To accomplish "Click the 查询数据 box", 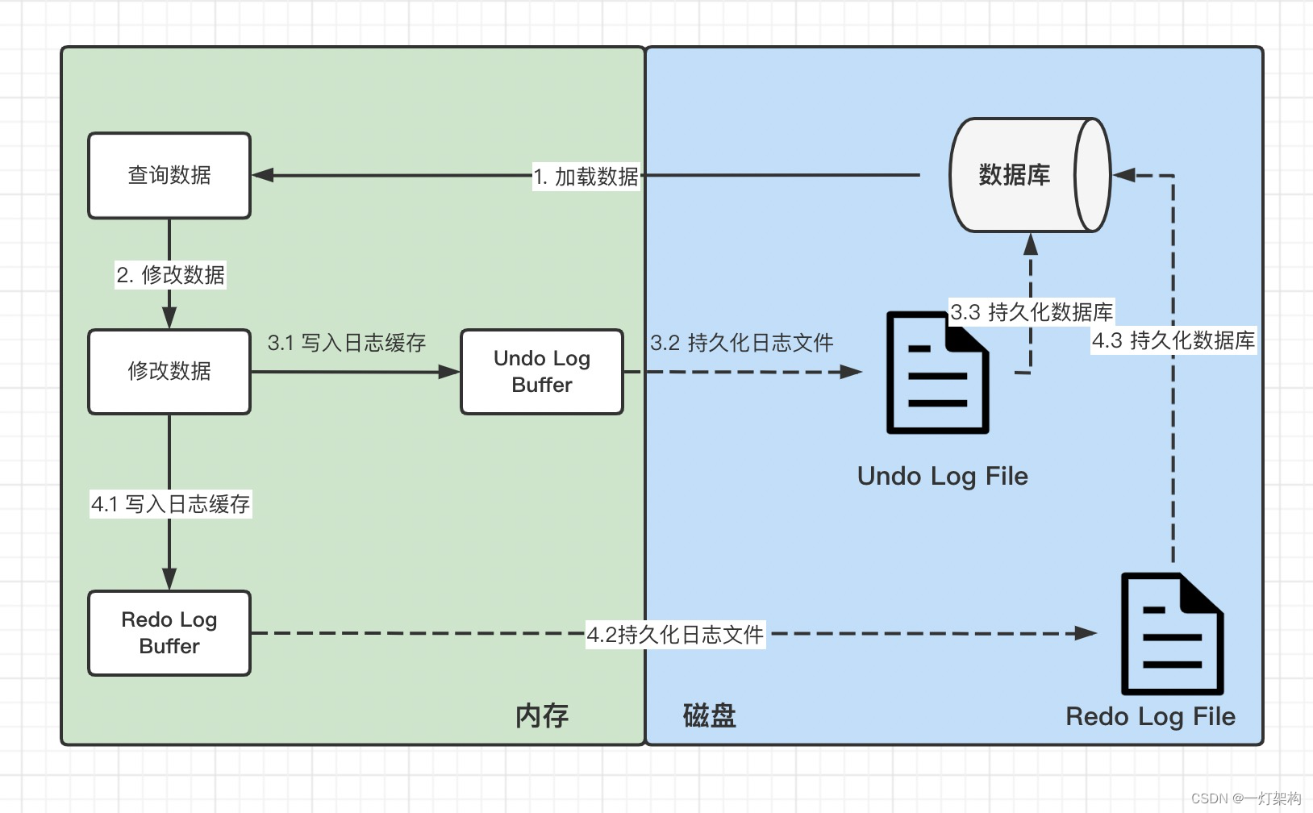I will point(169,176).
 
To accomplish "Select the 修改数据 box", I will point(169,372).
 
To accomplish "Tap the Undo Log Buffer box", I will point(542,372).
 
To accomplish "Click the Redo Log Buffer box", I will point(169,633).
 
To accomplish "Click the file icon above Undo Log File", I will point(937,373).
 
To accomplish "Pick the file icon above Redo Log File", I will point(1173,634).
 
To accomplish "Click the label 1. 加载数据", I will point(586,177).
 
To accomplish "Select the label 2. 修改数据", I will point(171,275).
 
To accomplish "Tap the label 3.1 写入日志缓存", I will point(347,343).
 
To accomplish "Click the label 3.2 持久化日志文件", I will point(742,343).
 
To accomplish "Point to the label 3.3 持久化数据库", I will point(1032,312).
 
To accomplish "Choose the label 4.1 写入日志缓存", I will point(171,504).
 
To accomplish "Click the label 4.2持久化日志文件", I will point(675,635).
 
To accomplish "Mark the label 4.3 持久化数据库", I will point(1173,340).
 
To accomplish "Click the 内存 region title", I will point(542,715).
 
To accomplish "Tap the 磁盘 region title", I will point(710,715).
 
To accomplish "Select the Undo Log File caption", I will point(943,476).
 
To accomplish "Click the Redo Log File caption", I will point(1151,716).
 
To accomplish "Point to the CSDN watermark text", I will point(1246,798).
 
